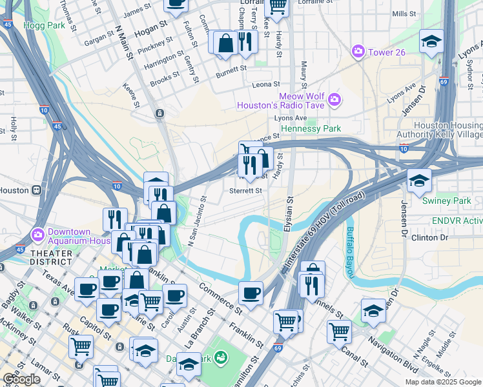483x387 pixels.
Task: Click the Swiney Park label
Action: [x=446, y=201]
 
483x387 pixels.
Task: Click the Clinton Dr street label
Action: [x=429, y=237]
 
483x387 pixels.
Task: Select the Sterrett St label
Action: [x=246, y=190]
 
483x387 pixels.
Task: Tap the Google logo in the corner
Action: [x=21, y=380]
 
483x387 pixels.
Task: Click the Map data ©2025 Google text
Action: [x=443, y=382]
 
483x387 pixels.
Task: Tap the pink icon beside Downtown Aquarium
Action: [x=37, y=233]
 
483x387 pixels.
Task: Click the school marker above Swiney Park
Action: [x=418, y=180]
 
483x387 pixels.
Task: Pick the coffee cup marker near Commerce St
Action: [x=251, y=293]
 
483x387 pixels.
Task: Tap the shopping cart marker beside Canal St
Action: [x=339, y=332]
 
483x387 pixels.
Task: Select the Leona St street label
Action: [x=265, y=84]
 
